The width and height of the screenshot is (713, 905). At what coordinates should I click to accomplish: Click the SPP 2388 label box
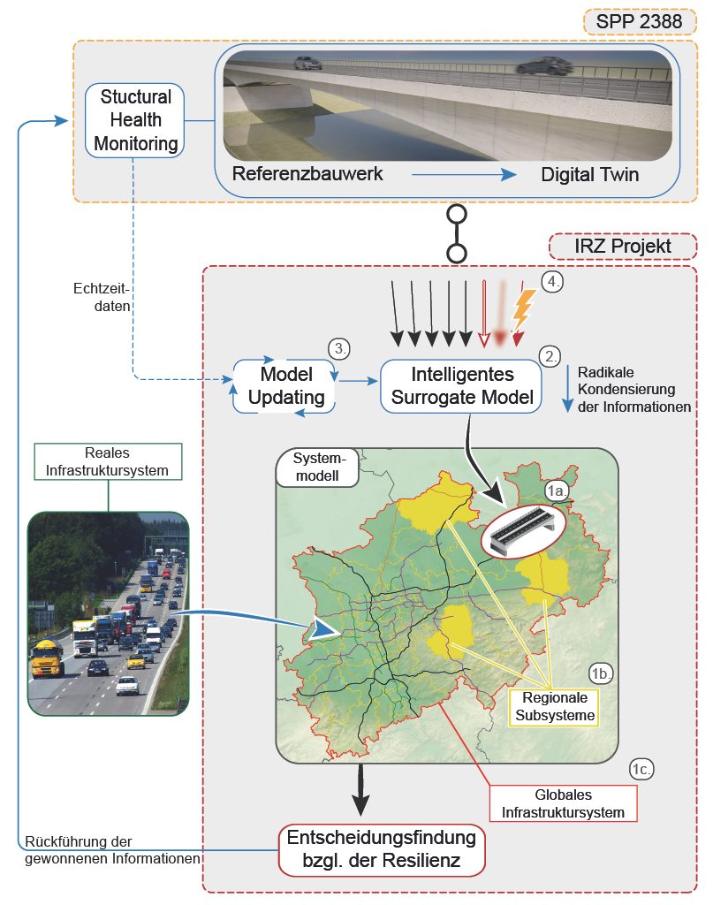tap(639, 22)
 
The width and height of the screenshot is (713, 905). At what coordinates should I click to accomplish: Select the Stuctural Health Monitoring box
tap(135, 120)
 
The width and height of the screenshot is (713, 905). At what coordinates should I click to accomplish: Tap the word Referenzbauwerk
tap(307, 174)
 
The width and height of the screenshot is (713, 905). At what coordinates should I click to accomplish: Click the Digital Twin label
tap(589, 174)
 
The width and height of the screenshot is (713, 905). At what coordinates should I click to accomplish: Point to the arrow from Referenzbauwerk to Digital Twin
tap(464, 174)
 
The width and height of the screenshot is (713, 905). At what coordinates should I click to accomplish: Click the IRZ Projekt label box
tap(622, 247)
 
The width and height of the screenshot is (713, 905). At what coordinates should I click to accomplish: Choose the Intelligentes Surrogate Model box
tap(461, 385)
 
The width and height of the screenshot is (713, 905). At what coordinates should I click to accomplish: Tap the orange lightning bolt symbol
tap(523, 308)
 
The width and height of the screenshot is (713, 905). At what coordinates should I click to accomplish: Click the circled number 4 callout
tap(552, 282)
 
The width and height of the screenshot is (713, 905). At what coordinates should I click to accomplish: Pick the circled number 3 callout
tap(339, 348)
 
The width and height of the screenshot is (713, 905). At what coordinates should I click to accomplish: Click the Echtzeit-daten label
tap(102, 297)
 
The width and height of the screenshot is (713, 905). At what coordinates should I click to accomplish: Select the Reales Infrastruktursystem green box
tap(108, 461)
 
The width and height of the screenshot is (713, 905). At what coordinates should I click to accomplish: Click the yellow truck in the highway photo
tap(47, 658)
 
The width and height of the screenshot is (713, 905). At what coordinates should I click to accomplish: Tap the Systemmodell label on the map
tap(318, 467)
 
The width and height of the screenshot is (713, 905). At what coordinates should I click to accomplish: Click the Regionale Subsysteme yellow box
tap(554, 706)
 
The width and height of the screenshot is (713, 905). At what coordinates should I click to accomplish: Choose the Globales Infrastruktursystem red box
tap(563, 802)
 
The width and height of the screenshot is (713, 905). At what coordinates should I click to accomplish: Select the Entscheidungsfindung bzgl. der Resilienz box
tap(382, 849)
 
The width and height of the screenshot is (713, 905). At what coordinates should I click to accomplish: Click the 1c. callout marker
tap(641, 770)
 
